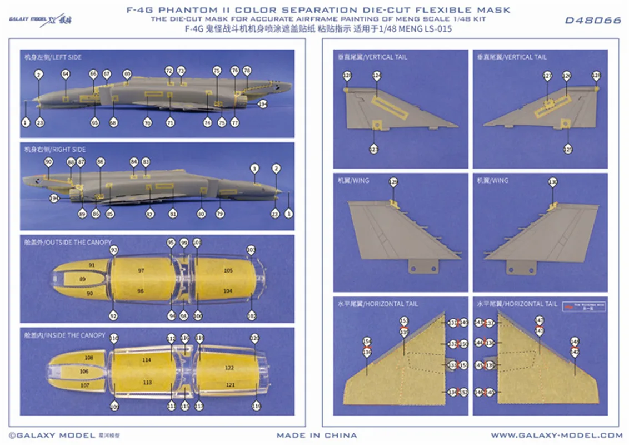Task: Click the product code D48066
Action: tap(592, 21)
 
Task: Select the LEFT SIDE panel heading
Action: tap(53, 57)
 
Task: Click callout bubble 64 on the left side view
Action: tap(66, 74)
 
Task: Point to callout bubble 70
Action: tap(147, 122)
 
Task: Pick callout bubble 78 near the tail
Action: tap(247, 71)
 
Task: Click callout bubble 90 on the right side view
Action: tap(48, 161)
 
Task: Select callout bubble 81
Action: tap(173, 214)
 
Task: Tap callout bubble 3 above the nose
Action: tap(254, 168)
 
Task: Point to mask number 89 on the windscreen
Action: tap(83, 279)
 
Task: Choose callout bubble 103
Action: tap(251, 250)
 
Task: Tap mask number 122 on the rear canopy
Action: tap(229, 368)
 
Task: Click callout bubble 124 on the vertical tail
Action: tap(377, 76)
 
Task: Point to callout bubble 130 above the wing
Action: tap(552, 182)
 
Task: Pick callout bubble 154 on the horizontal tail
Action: tap(367, 342)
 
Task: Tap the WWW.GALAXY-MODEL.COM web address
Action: tap(557, 436)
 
